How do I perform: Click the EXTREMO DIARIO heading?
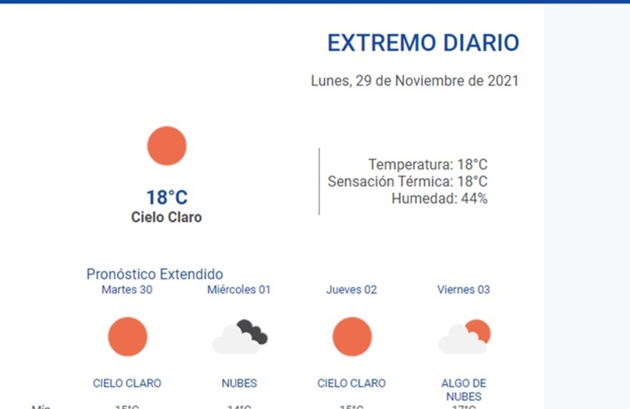[423, 43]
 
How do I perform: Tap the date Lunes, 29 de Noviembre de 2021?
[415, 81]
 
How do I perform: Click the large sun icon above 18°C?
[167, 146]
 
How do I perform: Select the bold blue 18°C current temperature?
[167, 197]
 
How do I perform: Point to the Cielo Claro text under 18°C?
[166, 218]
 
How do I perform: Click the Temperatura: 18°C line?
[428, 164]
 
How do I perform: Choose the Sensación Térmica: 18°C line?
[407, 182]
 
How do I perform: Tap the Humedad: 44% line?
[439, 198]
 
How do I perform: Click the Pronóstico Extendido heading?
[155, 274]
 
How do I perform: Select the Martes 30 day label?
[127, 290]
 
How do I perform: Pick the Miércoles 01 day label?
[239, 290]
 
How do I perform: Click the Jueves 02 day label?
[352, 290]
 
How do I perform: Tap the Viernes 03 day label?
[464, 290]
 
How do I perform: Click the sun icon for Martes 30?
[128, 337]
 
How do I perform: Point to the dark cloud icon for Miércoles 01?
[240, 337]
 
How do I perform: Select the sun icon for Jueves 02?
[352, 337]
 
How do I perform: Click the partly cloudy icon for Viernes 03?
[464, 337]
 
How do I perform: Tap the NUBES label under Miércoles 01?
[239, 383]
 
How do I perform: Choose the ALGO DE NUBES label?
[464, 389]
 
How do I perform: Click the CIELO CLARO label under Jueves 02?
[352, 383]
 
